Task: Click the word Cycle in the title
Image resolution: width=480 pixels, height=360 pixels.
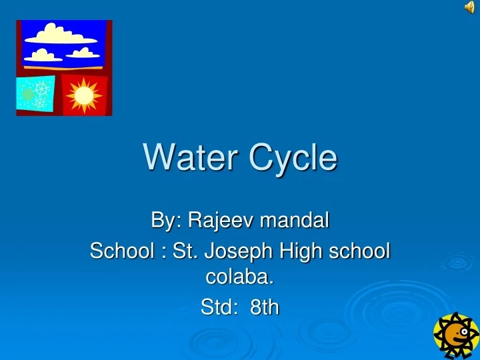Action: click(x=293, y=159)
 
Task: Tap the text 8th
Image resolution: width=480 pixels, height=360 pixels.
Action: click(x=265, y=307)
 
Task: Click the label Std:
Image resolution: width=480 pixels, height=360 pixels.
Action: click(x=217, y=307)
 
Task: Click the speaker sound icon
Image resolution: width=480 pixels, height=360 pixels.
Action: click(x=469, y=7)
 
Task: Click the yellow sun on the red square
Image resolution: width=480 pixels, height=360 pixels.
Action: click(x=84, y=95)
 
